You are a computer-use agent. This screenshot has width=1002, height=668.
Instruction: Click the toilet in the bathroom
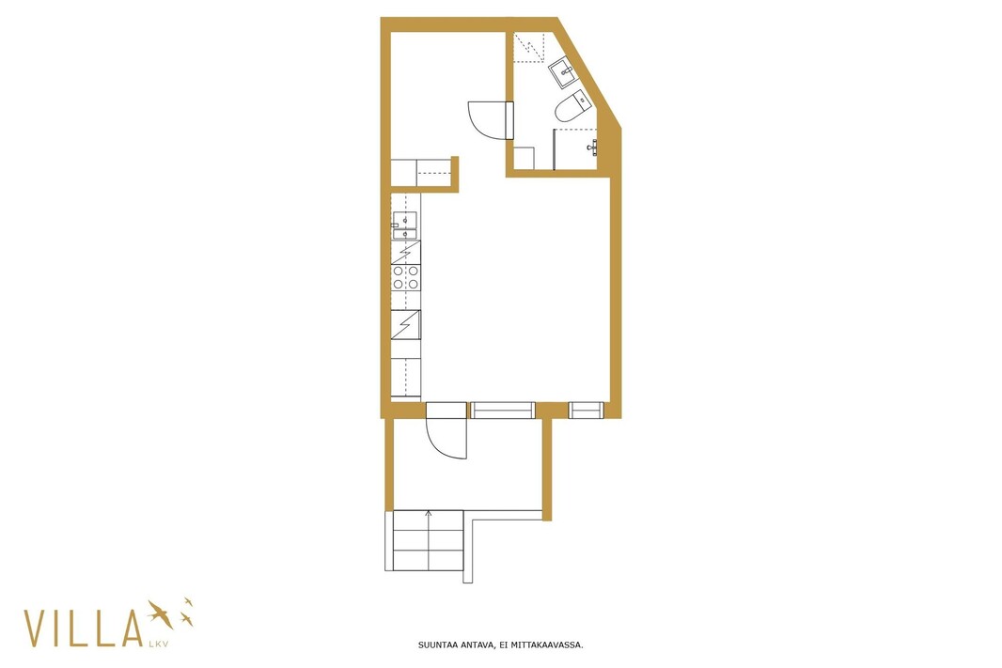tap(571, 107)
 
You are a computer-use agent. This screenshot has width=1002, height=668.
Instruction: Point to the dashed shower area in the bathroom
tap(529, 47)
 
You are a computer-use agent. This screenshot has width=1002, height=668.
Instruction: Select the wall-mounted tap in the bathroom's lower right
tap(593, 148)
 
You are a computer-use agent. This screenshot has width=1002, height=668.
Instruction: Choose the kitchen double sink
tap(406, 226)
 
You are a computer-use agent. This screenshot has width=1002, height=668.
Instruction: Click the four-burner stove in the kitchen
tap(406, 278)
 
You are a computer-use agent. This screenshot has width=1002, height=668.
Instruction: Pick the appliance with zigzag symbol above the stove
tap(406, 252)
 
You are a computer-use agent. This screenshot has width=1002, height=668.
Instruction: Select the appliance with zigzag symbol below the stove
tap(406, 325)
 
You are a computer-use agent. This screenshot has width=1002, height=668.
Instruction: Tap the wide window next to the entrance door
tap(503, 410)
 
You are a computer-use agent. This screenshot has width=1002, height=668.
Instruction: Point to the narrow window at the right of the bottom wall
tap(586, 410)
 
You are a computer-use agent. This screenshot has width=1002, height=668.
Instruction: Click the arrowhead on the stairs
tap(428, 512)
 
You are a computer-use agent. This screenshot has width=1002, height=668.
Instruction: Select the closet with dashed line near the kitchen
tap(422, 173)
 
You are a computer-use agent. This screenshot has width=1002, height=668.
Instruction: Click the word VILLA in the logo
tap(83, 629)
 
